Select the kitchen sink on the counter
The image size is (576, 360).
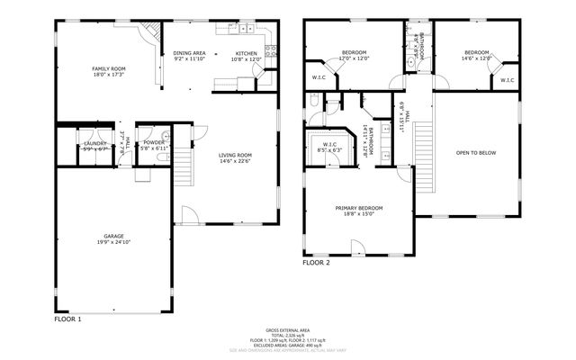click(245, 30)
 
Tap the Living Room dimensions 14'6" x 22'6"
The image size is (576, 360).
click(236, 163)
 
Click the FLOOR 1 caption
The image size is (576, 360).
click(67, 319)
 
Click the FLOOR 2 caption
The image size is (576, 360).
click(316, 264)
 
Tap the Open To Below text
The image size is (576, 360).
click(476, 153)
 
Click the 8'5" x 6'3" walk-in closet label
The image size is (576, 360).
click(329, 149)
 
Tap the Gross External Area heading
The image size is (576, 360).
click(287, 330)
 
